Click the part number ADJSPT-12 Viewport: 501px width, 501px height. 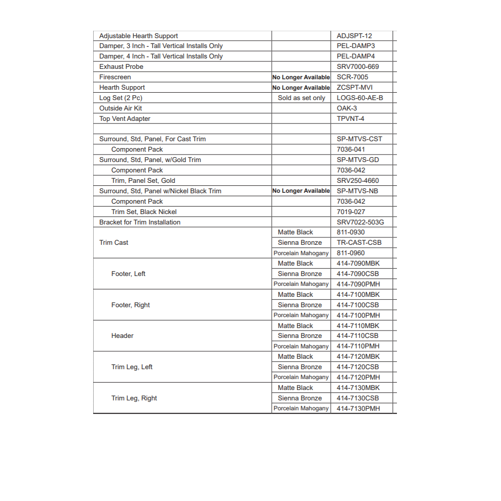pos(354,36)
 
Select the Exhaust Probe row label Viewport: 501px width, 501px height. pos(121,66)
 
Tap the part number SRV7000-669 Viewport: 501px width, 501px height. pos(358,66)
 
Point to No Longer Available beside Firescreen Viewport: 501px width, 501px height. pos(301,77)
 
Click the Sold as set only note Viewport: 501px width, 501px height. pos(301,98)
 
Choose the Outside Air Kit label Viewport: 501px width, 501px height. pos(120,108)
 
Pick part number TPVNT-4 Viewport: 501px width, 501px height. pos(350,118)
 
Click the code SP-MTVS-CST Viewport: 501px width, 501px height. pos(359,139)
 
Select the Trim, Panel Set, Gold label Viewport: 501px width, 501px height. pos(143,180)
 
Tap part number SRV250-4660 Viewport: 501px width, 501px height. pos(357,180)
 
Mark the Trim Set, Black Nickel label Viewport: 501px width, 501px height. pos(144,212)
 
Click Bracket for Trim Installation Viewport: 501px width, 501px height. pos(140,222)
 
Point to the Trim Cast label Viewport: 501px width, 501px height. pos(113,242)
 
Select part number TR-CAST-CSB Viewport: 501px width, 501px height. pos(359,242)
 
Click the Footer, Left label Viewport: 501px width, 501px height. pos(128,274)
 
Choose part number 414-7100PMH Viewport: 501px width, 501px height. pos(358,315)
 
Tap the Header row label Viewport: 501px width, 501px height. pos(122,335)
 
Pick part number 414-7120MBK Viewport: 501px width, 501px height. pos(358,356)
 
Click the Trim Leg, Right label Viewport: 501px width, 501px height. pos(134,398)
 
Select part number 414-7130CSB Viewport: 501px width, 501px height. pos(357,398)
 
